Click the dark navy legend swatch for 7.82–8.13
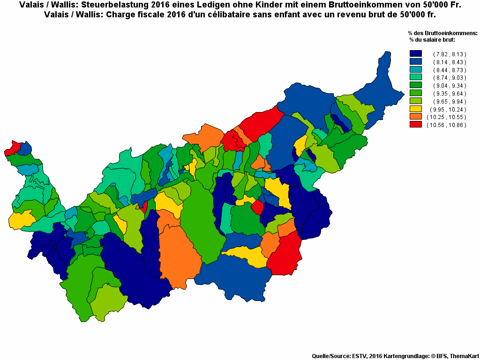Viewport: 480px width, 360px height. coord(415,54)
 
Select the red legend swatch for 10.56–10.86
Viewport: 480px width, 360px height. coord(415,124)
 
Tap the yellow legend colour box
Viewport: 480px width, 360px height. coord(415,109)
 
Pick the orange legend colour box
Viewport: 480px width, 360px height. coord(415,116)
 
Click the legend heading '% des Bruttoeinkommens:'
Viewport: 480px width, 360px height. coord(442,33)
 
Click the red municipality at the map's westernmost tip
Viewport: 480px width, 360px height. coord(12,149)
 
